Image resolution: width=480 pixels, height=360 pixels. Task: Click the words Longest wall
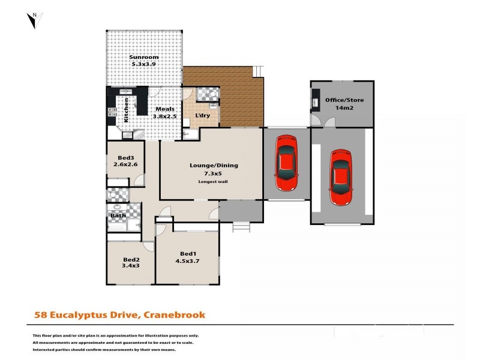[213, 181]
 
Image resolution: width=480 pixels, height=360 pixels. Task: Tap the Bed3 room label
[125, 158]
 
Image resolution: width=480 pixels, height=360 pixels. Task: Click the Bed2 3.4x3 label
[131, 262]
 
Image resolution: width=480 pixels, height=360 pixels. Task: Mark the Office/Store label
[344, 100]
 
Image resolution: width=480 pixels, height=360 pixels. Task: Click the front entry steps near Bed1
[240, 226]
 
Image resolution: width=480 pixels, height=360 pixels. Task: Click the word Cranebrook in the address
[174, 314]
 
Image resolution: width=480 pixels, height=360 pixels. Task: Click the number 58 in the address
[40, 314]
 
